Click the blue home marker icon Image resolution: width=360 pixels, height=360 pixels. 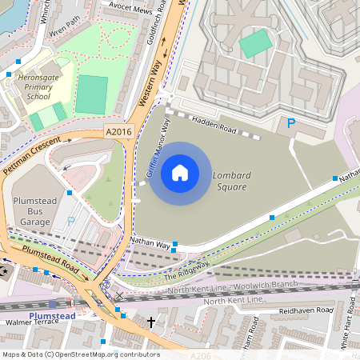coord(180,173)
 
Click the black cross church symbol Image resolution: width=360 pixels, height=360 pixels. coord(151,322)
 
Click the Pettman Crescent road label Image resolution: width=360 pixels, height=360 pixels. coord(33,147)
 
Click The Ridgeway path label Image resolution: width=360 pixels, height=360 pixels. coord(186,270)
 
